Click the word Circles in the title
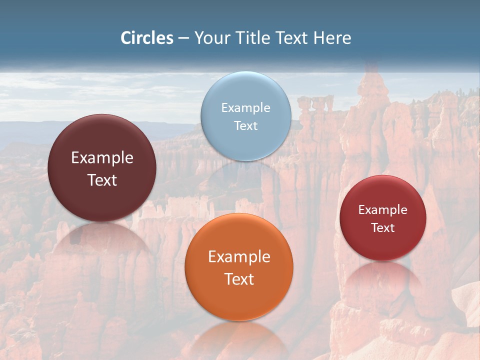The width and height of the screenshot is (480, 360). tap(147, 38)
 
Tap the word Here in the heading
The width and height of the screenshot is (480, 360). tap(332, 38)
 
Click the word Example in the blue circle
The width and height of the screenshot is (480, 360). tap(246, 108)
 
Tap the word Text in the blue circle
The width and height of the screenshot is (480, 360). tap(246, 125)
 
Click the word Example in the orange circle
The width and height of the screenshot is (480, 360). tap(239, 257)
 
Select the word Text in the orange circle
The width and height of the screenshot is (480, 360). tap(239, 279)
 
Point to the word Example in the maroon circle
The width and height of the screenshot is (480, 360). tap(102, 158)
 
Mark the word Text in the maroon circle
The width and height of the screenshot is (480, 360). tap(102, 180)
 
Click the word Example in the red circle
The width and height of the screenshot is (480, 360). tap(383, 210)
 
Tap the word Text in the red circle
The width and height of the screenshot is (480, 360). tap(383, 227)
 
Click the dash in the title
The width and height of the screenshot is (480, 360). tap(183, 38)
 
